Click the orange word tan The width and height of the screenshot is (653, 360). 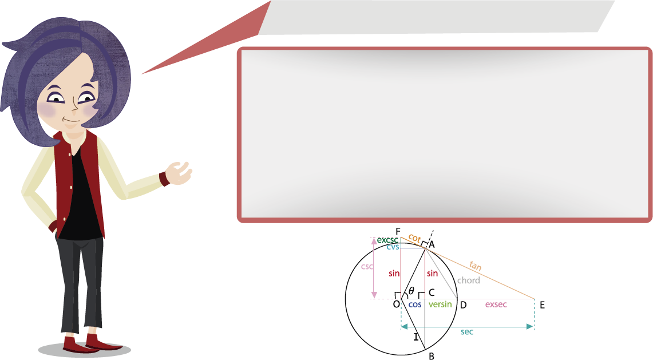tap(475, 266)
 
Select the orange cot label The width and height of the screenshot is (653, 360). tap(414, 238)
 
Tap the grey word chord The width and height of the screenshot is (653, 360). tap(469, 280)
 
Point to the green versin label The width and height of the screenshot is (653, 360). tap(440, 304)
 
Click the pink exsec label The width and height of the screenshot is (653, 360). tap(496, 304)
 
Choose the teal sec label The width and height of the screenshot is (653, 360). tap(467, 332)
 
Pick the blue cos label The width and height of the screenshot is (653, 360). tap(415, 304)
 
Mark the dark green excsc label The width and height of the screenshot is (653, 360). tap(387, 240)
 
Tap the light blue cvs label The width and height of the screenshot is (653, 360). tap(393, 247)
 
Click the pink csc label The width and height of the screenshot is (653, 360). tap(367, 267)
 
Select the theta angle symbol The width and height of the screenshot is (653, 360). tap(411, 291)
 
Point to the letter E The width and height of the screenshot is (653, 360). tap(542, 306)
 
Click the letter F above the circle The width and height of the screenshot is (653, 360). tap(398, 232)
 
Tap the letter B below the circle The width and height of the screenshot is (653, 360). tap(432, 356)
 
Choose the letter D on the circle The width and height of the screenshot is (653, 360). tap(463, 306)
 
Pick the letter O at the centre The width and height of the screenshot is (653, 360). tap(397, 304)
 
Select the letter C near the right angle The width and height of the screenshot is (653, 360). tap(432, 292)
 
